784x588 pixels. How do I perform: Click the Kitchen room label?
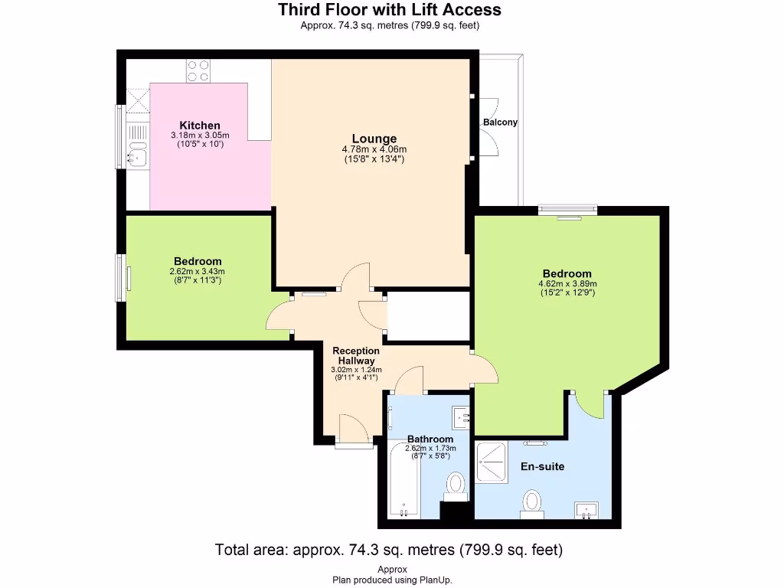[x=200, y=126]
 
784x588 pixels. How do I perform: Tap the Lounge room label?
[x=374, y=139]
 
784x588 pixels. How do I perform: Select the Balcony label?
[x=500, y=122]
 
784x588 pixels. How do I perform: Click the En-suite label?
[x=542, y=465]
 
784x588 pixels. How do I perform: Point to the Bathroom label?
[x=430, y=439]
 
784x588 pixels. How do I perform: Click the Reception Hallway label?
[x=356, y=355]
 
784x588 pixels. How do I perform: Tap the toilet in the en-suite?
[x=532, y=502]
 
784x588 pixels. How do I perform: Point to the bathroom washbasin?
[x=462, y=417]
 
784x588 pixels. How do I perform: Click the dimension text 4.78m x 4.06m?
[x=374, y=149]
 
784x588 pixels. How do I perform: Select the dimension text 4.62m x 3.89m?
[x=567, y=284]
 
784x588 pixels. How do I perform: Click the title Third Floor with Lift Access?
[x=390, y=10]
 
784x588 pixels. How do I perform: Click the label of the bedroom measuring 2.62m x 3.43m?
[x=198, y=260]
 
